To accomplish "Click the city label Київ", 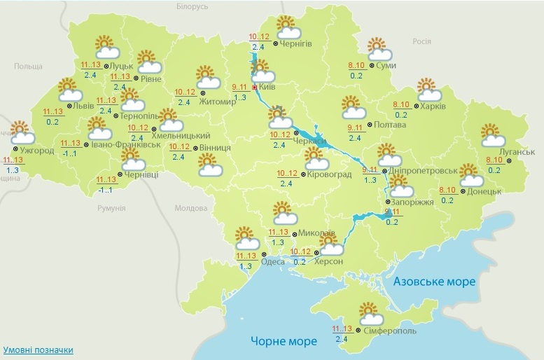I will click(267, 87).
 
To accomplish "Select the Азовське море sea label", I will click(434, 282).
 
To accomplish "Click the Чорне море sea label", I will click(284, 341).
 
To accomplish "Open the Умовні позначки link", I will click(38, 349).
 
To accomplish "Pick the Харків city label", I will click(434, 106).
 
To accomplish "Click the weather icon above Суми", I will click(378, 48).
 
